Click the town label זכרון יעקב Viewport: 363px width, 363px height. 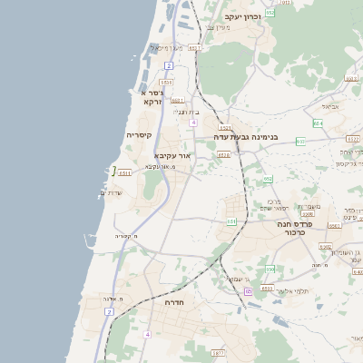(x=242, y=16)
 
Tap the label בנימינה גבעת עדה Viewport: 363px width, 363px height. (x=246, y=137)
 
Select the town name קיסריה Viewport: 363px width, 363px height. (x=139, y=135)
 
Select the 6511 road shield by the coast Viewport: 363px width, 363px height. (x=125, y=172)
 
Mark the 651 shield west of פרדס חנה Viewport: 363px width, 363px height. (x=231, y=221)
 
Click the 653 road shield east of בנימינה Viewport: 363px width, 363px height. (x=300, y=142)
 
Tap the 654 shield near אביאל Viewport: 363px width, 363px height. (x=318, y=122)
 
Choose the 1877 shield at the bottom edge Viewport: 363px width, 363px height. (x=217, y=353)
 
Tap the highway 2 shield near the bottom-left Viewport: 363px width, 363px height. (x=110, y=311)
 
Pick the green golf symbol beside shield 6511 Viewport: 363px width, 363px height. (x=113, y=170)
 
